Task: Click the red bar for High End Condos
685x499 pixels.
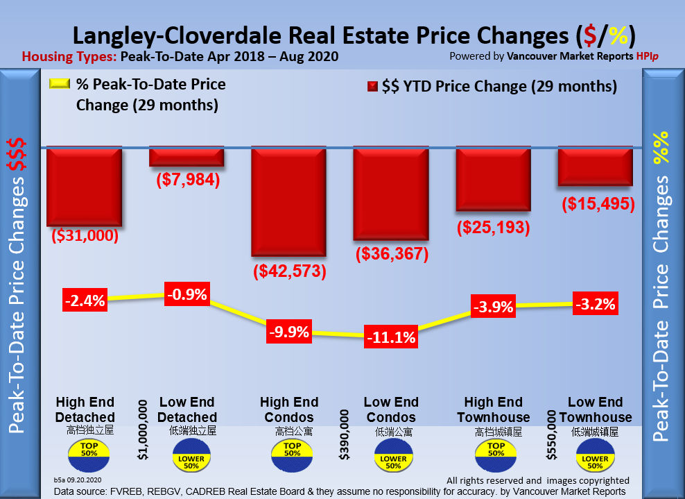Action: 288,201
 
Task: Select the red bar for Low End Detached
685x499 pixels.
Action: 187,157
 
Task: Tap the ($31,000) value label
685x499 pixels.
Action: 85,236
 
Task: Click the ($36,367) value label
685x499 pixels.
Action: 392,254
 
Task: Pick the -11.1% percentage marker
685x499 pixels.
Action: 391,338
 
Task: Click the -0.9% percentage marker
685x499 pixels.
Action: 187,294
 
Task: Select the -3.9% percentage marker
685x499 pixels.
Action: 493,306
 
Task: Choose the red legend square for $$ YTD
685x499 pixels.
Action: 372,87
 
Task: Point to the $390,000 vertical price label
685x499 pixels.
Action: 345,434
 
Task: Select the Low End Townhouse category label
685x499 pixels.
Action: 596,409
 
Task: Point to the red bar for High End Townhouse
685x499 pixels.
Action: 494,179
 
